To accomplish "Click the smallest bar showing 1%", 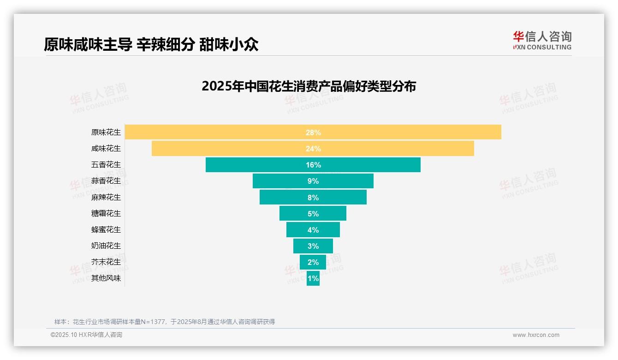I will click(x=313, y=278).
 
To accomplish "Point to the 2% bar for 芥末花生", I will click(x=313, y=262).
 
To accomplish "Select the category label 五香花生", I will click(x=106, y=165).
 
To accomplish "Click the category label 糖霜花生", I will click(x=106, y=213).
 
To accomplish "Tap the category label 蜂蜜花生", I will click(x=106, y=229).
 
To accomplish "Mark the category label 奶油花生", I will click(x=106, y=246).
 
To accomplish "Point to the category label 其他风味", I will click(x=106, y=278).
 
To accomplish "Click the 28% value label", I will click(x=313, y=132).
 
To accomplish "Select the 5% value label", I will click(x=313, y=214).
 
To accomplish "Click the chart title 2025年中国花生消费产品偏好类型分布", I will click(x=309, y=86).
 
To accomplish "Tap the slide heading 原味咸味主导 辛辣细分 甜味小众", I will click(x=151, y=44).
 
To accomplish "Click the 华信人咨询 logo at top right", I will click(x=542, y=40).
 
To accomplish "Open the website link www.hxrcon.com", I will click(x=535, y=335).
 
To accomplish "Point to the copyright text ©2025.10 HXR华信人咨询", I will click(x=86, y=335).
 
